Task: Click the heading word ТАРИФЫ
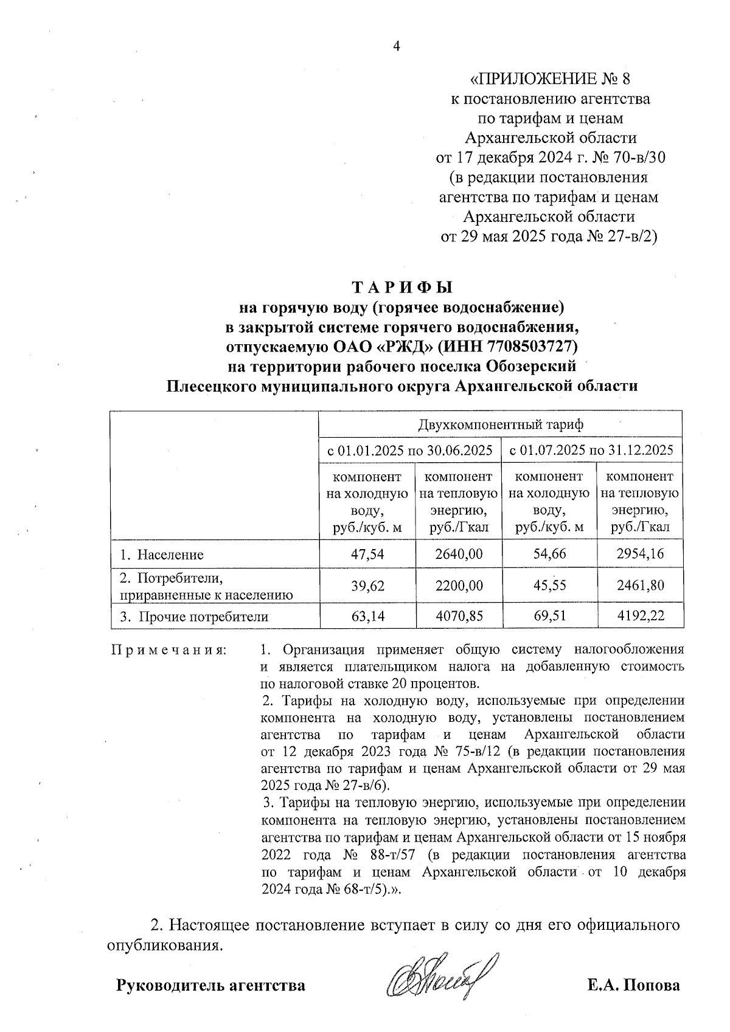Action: [x=403, y=287]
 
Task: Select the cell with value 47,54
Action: [x=367, y=553]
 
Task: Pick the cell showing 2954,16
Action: [x=640, y=553]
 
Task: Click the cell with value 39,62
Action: [x=367, y=585]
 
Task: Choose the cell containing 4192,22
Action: [x=640, y=616]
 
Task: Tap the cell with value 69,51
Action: [x=549, y=616]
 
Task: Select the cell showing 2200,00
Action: [x=459, y=585]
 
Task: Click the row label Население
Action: [x=169, y=555]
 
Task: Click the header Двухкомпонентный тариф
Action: [x=500, y=424]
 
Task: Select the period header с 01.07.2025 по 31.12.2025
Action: [x=591, y=451]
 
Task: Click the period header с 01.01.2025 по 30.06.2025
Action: [x=410, y=451]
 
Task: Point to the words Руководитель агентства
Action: [x=210, y=985]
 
